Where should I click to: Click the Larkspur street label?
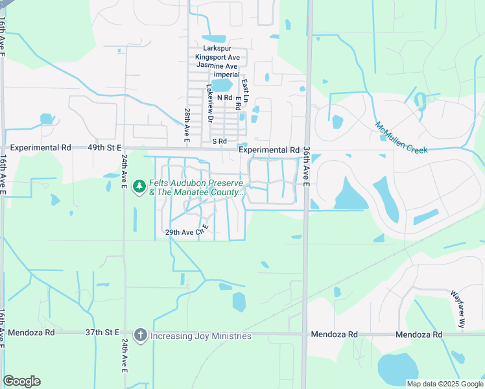(217, 49)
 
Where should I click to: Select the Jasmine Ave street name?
(217, 66)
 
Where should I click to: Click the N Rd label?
(224, 97)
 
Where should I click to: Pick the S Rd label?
(219, 141)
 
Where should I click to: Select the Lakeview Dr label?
(209, 103)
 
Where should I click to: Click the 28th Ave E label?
(187, 126)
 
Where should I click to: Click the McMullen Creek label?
(401, 137)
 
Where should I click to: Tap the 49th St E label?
(104, 148)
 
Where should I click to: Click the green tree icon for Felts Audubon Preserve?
(139, 187)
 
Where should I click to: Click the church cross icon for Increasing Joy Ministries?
(139, 335)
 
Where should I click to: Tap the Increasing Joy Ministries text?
(200, 336)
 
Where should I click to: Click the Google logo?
(21, 381)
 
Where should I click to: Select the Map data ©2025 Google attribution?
(444, 384)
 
